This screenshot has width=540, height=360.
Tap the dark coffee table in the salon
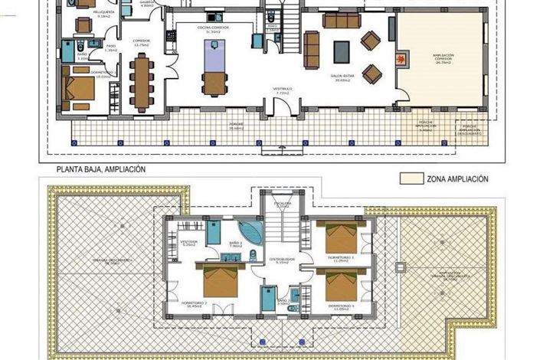click(341, 51)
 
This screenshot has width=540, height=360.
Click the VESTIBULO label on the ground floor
click(284, 90)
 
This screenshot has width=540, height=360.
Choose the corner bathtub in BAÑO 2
click(249, 232)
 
